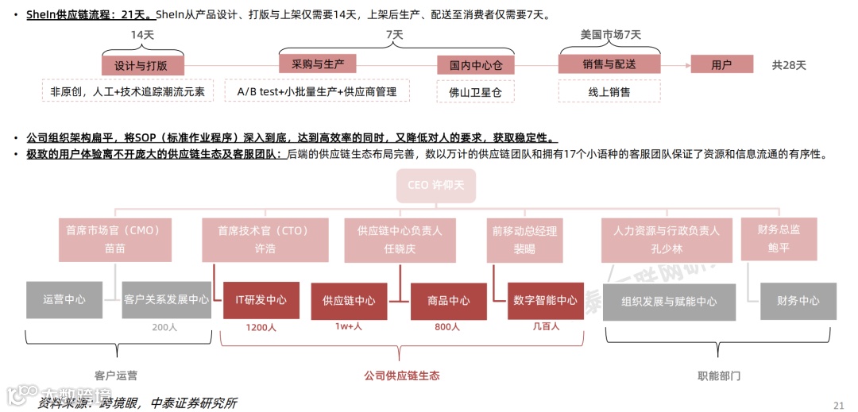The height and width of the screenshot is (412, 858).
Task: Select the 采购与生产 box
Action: [x=318, y=64]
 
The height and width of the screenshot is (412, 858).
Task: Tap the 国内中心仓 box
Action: [x=476, y=65]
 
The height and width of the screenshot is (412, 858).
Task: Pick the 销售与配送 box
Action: [x=609, y=64]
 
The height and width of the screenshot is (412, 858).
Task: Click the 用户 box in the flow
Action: [x=721, y=65]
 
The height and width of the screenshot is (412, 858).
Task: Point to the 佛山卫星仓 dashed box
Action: [x=476, y=92]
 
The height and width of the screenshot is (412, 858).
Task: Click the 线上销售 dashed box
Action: [x=609, y=92]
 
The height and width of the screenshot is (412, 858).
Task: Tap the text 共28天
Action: [x=789, y=65]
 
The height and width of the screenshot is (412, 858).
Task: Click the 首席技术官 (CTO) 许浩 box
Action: [x=264, y=239]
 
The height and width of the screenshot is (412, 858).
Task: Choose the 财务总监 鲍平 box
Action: [x=779, y=238]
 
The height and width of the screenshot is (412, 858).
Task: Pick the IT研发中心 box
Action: [x=261, y=300]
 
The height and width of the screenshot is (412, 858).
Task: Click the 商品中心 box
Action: [x=448, y=301]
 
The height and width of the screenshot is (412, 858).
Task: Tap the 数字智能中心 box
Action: [x=545, y=300]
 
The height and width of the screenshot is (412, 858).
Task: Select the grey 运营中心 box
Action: [x=64, y=300]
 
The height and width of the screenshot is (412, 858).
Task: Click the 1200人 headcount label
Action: [x=261, y=327]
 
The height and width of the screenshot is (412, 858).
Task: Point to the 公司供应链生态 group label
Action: [x=401, y=375]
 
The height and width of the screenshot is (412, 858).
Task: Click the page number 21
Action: [x=838, y=405]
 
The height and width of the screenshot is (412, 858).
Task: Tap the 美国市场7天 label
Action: [x=610, y=35]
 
